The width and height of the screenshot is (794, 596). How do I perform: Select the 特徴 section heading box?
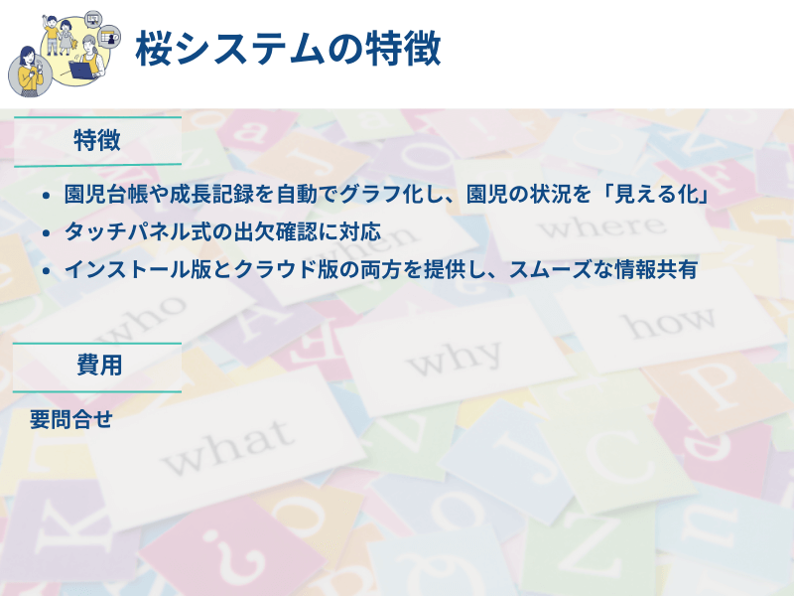97,140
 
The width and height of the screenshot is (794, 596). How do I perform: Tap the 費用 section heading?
98,366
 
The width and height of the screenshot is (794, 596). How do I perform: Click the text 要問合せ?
70,419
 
